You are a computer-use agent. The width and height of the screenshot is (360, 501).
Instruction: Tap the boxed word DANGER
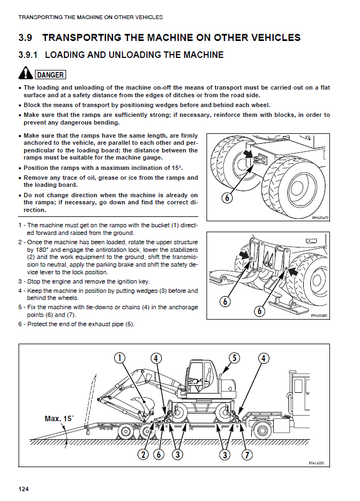(50, 74)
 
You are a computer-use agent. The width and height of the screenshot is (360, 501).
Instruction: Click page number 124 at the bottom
(23, 488)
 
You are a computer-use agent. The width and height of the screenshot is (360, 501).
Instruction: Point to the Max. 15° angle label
(59, 419)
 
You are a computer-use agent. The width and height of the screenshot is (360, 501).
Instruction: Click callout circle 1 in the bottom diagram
(120, 358)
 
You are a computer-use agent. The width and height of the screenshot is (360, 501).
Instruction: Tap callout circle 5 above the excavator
(234, 358)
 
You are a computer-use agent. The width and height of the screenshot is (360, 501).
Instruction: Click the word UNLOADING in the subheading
(132, 55)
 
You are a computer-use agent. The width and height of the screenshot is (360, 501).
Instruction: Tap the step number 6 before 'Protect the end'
(20, 324)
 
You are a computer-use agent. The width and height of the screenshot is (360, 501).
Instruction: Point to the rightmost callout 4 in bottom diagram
(264, 358)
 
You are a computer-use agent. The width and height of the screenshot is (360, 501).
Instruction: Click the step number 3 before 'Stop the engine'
(20, 281)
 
